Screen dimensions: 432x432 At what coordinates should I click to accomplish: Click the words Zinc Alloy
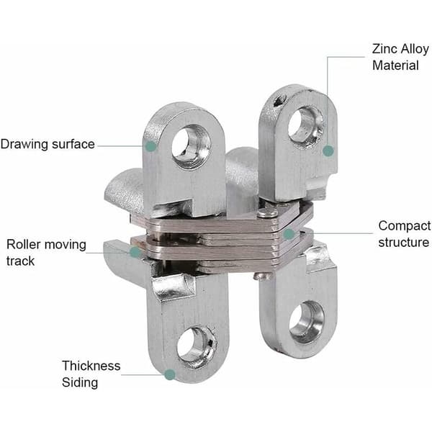tap(400, 49)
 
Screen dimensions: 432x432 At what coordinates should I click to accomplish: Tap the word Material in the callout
tap(395, 66)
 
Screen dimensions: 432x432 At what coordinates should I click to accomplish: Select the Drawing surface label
tap(48, 145)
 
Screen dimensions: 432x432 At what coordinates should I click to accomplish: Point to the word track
tap(20, 261)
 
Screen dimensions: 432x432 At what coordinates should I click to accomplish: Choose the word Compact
tap(404, 226)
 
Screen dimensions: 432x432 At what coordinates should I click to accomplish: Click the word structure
tap(404, 243)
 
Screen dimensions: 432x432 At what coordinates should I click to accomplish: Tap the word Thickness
tap(91, 366)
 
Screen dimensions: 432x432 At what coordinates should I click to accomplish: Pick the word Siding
tap(80, 383)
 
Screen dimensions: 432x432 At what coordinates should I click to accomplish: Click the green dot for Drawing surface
tap(150, 146)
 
